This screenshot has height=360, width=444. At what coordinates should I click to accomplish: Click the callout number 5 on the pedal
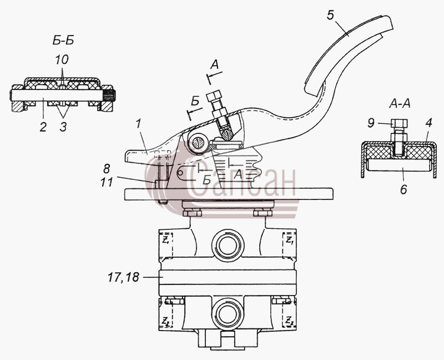tap(331, 15)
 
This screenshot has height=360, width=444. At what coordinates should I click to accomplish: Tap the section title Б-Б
tap(63, 41)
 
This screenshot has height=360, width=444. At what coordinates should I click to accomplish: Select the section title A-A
tap(400, 104)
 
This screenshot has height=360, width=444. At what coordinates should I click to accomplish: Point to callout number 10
tap(62, 60)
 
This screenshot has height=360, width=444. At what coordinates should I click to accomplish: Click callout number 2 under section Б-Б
tap(43, 127)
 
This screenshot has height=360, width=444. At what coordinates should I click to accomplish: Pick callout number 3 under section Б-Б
tap(63, 127)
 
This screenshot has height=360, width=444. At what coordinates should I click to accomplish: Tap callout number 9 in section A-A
tap(371, 123)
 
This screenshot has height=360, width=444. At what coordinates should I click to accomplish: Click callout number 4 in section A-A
tap(428, 123)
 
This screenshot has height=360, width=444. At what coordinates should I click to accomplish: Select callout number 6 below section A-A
tap(403, 189)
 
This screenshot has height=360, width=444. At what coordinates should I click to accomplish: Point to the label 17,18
tap(123, 277)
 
